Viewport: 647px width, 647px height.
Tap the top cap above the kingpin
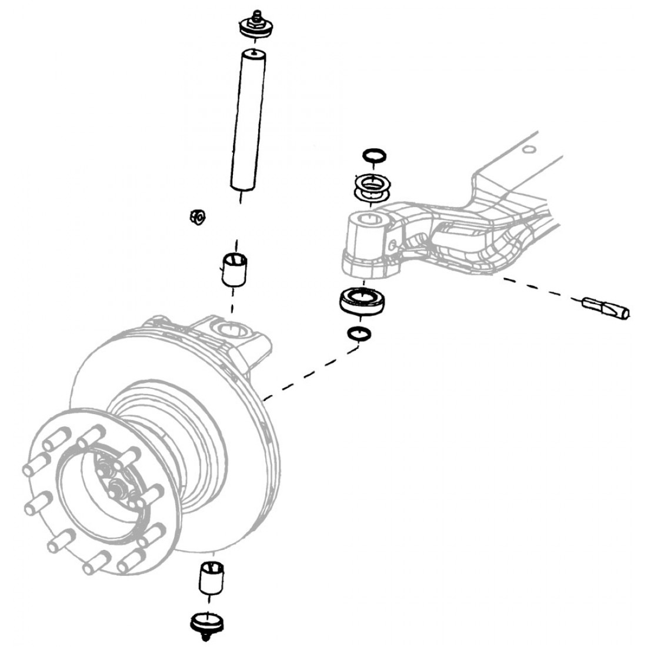tap(255, 28)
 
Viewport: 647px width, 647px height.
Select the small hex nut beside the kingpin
tap(199, 217)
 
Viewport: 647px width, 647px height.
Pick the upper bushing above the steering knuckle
tap(235, 269)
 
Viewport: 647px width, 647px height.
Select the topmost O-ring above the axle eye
tap(373, 155)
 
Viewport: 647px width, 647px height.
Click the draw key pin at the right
tap(606, 309)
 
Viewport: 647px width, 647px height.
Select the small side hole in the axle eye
tap(392, 243)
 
